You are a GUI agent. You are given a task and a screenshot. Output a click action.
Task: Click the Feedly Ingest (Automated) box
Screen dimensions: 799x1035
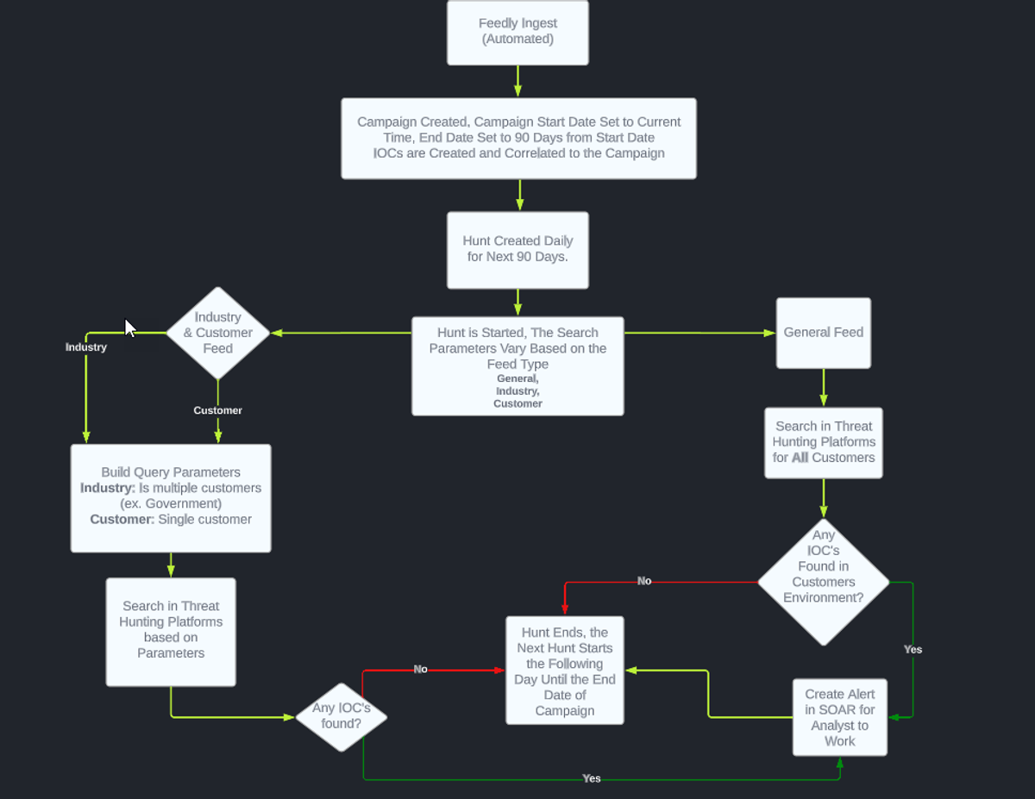517,33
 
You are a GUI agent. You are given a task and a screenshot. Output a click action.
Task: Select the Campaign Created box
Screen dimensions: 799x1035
518,138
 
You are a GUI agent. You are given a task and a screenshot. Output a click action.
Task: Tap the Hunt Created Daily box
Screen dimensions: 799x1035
517,250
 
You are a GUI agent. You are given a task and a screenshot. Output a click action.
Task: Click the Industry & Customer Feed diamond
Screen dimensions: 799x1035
217,333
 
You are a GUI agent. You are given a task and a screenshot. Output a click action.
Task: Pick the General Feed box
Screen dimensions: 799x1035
823,333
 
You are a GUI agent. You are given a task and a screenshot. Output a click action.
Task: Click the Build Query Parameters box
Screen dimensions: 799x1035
171,497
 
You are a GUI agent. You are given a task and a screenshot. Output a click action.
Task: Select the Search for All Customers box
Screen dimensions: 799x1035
823,442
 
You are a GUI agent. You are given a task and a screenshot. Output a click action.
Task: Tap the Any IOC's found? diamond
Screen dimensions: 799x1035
341,715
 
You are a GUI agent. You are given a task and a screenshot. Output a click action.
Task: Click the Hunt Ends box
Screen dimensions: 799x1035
564,671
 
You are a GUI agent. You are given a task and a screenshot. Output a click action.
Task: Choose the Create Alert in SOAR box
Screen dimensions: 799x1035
839,717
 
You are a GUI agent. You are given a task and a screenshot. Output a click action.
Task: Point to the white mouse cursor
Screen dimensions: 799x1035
129,328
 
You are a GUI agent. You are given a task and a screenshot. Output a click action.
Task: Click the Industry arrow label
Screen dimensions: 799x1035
86,347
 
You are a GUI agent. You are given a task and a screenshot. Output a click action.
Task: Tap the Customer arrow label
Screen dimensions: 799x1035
217,410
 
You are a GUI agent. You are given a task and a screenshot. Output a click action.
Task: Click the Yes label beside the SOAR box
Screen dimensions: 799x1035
913,649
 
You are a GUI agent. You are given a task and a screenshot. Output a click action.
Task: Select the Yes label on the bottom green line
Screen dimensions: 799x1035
591,778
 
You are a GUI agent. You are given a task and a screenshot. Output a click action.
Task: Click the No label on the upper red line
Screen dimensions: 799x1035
644,581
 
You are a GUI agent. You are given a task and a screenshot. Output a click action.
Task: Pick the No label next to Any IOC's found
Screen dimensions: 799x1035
420,669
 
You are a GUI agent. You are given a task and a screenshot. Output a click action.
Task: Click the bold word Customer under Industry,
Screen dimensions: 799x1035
517,403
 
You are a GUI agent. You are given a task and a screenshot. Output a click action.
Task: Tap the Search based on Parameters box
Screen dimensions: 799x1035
171,630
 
